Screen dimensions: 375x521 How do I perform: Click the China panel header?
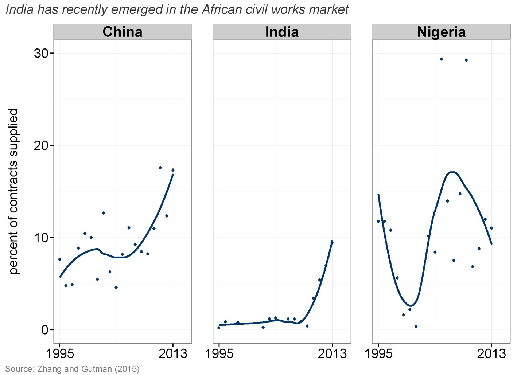123,32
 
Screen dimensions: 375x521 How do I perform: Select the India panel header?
282,32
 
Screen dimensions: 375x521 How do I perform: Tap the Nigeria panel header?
441,32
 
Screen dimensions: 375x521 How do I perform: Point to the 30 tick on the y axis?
41,53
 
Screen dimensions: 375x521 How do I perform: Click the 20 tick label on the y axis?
41,145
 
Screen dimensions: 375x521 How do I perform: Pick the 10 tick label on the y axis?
41,238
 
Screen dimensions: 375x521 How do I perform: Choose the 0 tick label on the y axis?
45,330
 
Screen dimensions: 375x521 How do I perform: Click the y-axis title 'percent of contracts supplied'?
13,191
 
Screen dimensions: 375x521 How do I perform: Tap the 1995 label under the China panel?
60,353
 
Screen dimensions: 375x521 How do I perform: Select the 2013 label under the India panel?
332,353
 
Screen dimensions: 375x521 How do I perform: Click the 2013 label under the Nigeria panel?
491,353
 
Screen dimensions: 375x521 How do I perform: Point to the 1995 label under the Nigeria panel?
378,353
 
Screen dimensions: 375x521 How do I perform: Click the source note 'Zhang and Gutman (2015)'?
88,369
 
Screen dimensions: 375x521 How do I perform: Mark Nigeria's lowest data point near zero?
416,327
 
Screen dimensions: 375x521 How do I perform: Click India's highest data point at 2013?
332,242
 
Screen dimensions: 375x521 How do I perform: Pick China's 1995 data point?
60,259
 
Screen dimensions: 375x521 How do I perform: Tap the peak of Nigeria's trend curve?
452,172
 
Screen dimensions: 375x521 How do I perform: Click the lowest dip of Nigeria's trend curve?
411,305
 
